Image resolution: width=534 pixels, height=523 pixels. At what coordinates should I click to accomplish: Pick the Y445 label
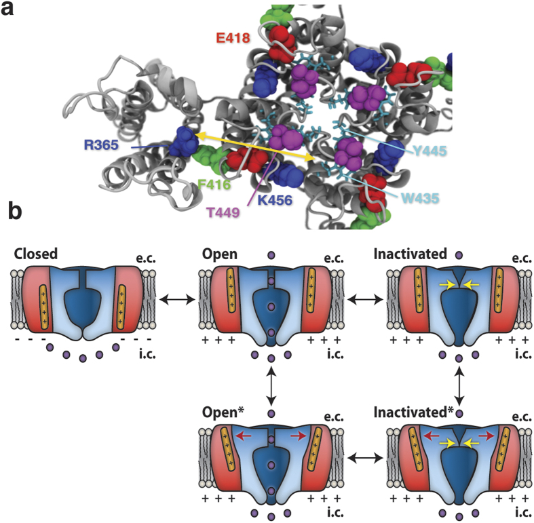coord(428,152)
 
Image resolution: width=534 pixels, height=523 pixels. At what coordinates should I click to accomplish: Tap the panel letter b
coord(14,212)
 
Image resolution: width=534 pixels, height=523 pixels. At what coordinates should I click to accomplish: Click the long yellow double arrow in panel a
coord(255,147)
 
